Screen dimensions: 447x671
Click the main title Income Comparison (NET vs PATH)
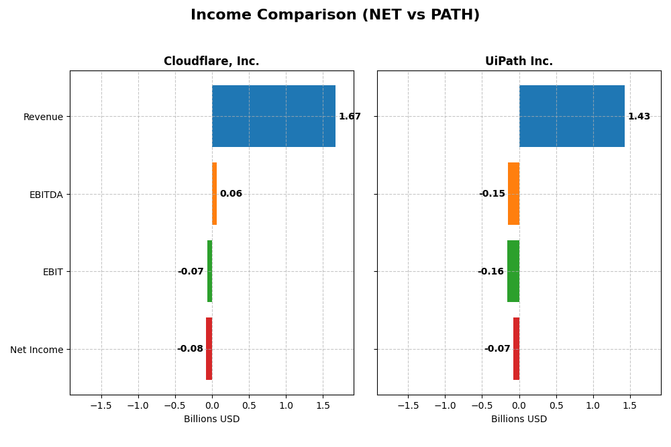[335, 15]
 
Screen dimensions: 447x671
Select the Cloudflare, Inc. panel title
[211, 62]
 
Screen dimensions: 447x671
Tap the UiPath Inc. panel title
[519, 62]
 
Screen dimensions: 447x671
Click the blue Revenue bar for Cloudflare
[274, 116]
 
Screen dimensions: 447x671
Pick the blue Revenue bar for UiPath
[572, 116]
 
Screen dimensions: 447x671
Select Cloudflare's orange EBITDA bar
[215, 194]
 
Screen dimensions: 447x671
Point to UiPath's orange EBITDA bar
[513, 194]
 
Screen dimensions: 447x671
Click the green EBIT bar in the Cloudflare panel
[209, 271]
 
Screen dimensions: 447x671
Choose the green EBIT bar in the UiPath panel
[513, 271]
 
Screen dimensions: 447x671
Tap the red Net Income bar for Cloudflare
[209, 349]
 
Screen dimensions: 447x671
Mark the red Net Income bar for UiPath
[516, 349]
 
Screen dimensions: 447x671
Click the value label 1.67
[350, 117]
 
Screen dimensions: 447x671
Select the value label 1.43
[639, 117]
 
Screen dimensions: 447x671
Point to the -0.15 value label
[492, 194]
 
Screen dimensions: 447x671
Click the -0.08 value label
[190, 349]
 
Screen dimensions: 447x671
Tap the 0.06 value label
[231, 194]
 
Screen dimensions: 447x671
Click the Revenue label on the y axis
[43, 117]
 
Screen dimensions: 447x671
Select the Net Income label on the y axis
[37, 350]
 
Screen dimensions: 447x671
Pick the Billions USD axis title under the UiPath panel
[519, 419]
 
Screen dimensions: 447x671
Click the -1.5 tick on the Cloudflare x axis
[101, 406]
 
